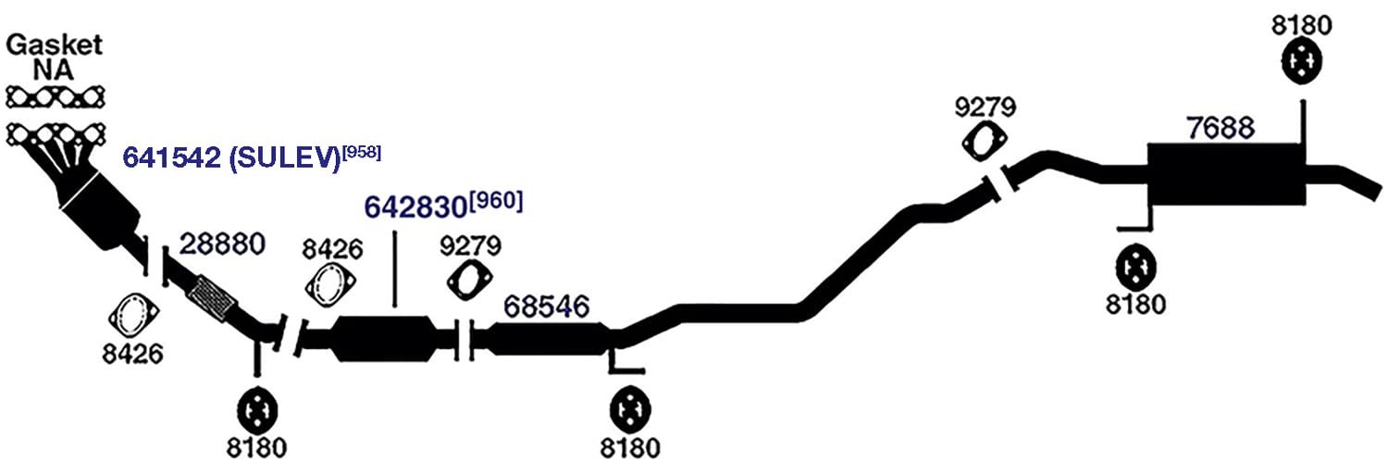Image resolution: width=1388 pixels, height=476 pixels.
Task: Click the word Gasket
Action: pyautogui.click(x=54, y=45)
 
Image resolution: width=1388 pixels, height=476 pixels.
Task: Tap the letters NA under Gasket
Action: pyautogui.click(x=54, y=70)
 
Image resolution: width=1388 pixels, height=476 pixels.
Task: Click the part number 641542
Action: pyautogui.click(x=171, y=157)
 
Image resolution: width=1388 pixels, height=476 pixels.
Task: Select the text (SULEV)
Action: pyautogui.click(x=285, y=158)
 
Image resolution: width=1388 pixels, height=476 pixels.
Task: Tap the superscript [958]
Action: pyautogui.click(x=362, y=153)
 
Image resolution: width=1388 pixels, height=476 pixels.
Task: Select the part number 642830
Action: pyautogui.click(x=415, y=207)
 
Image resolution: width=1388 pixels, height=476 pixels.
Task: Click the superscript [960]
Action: pyautogui.click(x=496, y=201)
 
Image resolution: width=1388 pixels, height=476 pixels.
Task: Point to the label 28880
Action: pyautogui.click(x=222, y=244)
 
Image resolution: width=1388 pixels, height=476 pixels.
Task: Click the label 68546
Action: pyautogui.click(x=547, y=307)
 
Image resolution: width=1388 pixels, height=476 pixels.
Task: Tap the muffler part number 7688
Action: pyautogui.click(x=1221, y=128)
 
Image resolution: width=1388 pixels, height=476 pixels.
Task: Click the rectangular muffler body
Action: pyautogui.click(x=1226, y=175)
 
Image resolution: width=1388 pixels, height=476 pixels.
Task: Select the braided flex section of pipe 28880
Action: pyautogui.click(x=213, y=299)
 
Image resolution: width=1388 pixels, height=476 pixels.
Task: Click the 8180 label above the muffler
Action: pyautogui.click(x=1301, y=25)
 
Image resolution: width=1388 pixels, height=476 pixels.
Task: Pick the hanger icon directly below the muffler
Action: pyautogui.click(x=1135, y=268)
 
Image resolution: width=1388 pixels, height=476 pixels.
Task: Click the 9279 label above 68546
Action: pyautogui.click(x=470, y=245)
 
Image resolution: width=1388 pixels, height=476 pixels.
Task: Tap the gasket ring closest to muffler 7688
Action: pyautogui.click(x=984, y=142)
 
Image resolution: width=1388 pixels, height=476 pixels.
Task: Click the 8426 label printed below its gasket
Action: pyautogui.click(x=132, y=354)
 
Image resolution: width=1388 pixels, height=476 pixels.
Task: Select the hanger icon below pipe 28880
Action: pyautogui.click(x=257, y=410)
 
